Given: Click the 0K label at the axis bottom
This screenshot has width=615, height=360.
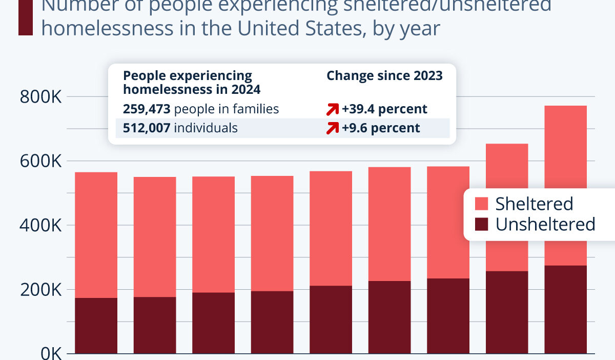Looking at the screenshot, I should [x=49, y=353].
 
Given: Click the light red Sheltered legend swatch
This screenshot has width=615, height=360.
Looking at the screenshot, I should [x=482, y=204].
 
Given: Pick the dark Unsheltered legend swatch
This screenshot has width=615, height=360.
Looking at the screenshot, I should [x=482, y=225].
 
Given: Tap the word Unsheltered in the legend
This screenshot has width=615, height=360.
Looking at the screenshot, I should [x=545, y=225].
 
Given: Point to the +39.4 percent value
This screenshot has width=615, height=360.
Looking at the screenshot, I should [x=384, y=109].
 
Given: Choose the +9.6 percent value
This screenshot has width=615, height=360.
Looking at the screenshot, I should [x=381, y=128].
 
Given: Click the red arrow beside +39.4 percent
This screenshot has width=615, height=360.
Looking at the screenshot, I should [x=333, y=109].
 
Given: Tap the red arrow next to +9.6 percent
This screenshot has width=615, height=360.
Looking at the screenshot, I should [x=333, y=128].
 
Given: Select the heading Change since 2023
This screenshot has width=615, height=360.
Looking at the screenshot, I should [x=384, y=76].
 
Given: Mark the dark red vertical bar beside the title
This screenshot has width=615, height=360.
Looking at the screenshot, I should [x=25, y=18].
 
